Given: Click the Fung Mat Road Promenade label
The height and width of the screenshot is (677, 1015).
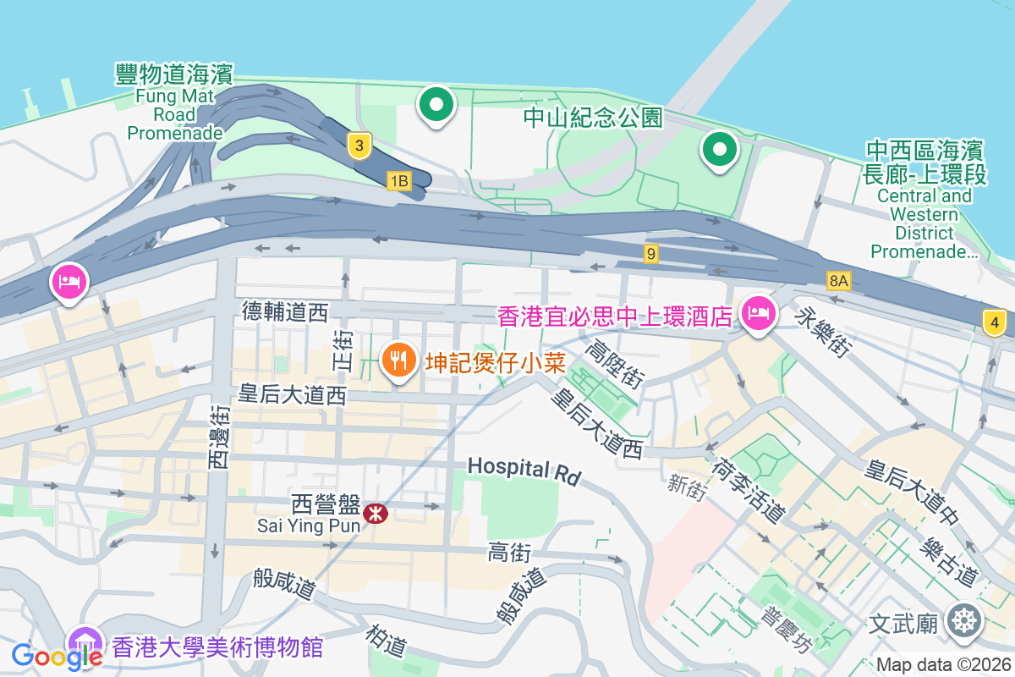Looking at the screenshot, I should pyautogui.click(x=174, y=103).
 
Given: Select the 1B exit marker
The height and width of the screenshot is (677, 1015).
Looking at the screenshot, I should pyautogui.click(x=398, y=180).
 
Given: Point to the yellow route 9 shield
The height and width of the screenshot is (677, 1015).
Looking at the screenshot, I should pyautogui.click(x=650, y=253).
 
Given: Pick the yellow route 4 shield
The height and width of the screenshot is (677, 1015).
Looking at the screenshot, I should pyautogui.click(x=994, y=322).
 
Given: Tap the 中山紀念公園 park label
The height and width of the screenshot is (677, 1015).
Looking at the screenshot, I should pyautogui.click(x=592, y=118).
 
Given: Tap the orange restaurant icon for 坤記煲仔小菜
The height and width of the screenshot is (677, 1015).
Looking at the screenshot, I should pyautogui.click(x=398, y=360).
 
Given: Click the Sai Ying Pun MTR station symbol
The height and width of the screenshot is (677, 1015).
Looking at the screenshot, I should pyautogui.click(x=375, y=513).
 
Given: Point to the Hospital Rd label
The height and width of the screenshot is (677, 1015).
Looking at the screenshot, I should pyautogui.click(x=524, y=470).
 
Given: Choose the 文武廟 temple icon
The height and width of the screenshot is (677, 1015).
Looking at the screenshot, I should pyautogui.click(x=963, y=620).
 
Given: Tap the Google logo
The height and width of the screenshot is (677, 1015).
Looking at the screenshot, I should pyautogui.click(x=56, y=655).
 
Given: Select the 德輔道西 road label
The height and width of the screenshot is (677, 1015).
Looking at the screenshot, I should pyautogui.click(x=284, y=312).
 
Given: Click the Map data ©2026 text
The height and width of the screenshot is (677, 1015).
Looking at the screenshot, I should pyautogui.click(x=942, y=664).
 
